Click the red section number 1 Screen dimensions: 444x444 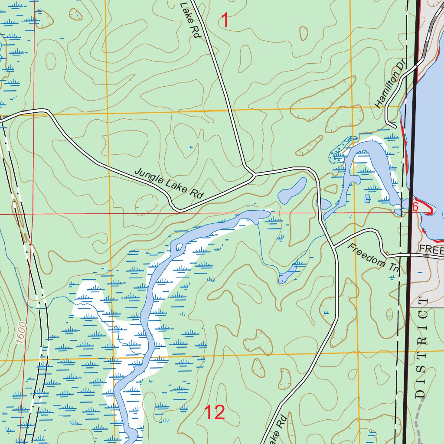[225, 20]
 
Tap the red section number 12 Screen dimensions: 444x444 [215, 412]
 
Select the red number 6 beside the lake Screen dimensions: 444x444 [415, 206]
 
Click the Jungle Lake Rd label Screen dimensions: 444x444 [169, 183]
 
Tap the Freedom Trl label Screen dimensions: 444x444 [373, 258]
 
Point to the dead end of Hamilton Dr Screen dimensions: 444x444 [395, 127]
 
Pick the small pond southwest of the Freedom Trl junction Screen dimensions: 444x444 [287, 276]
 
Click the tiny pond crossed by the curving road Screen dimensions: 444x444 [323, 203]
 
